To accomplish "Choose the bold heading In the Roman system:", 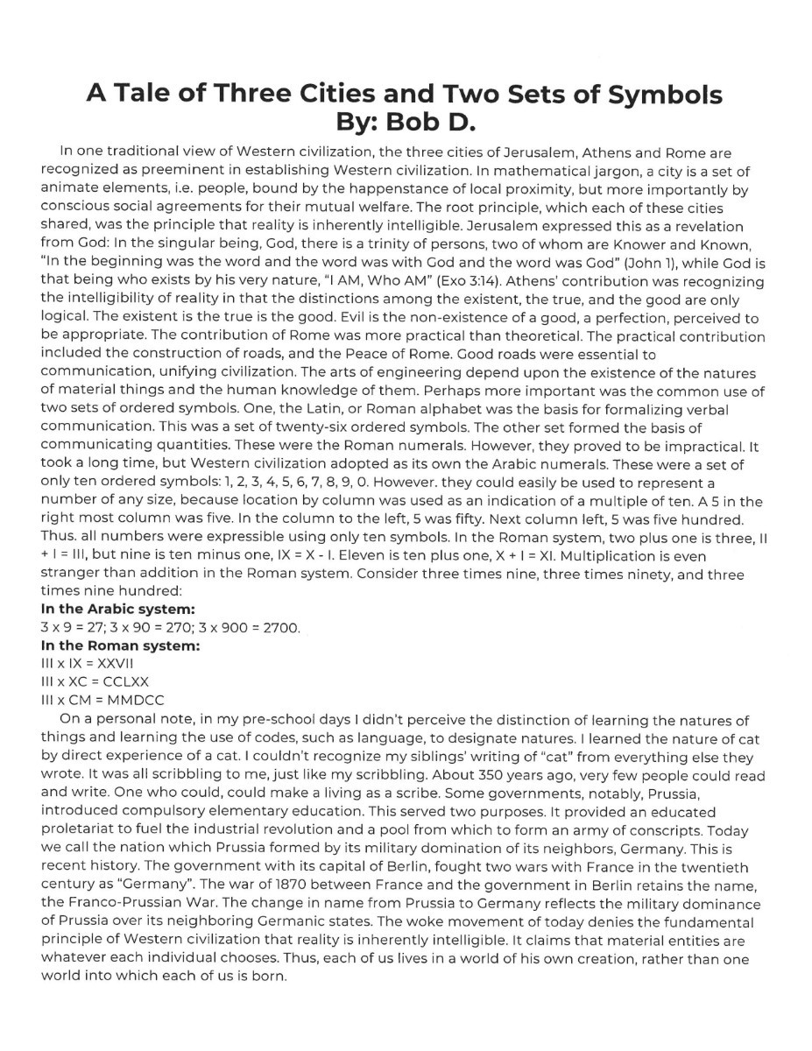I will (x=120, y=645).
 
